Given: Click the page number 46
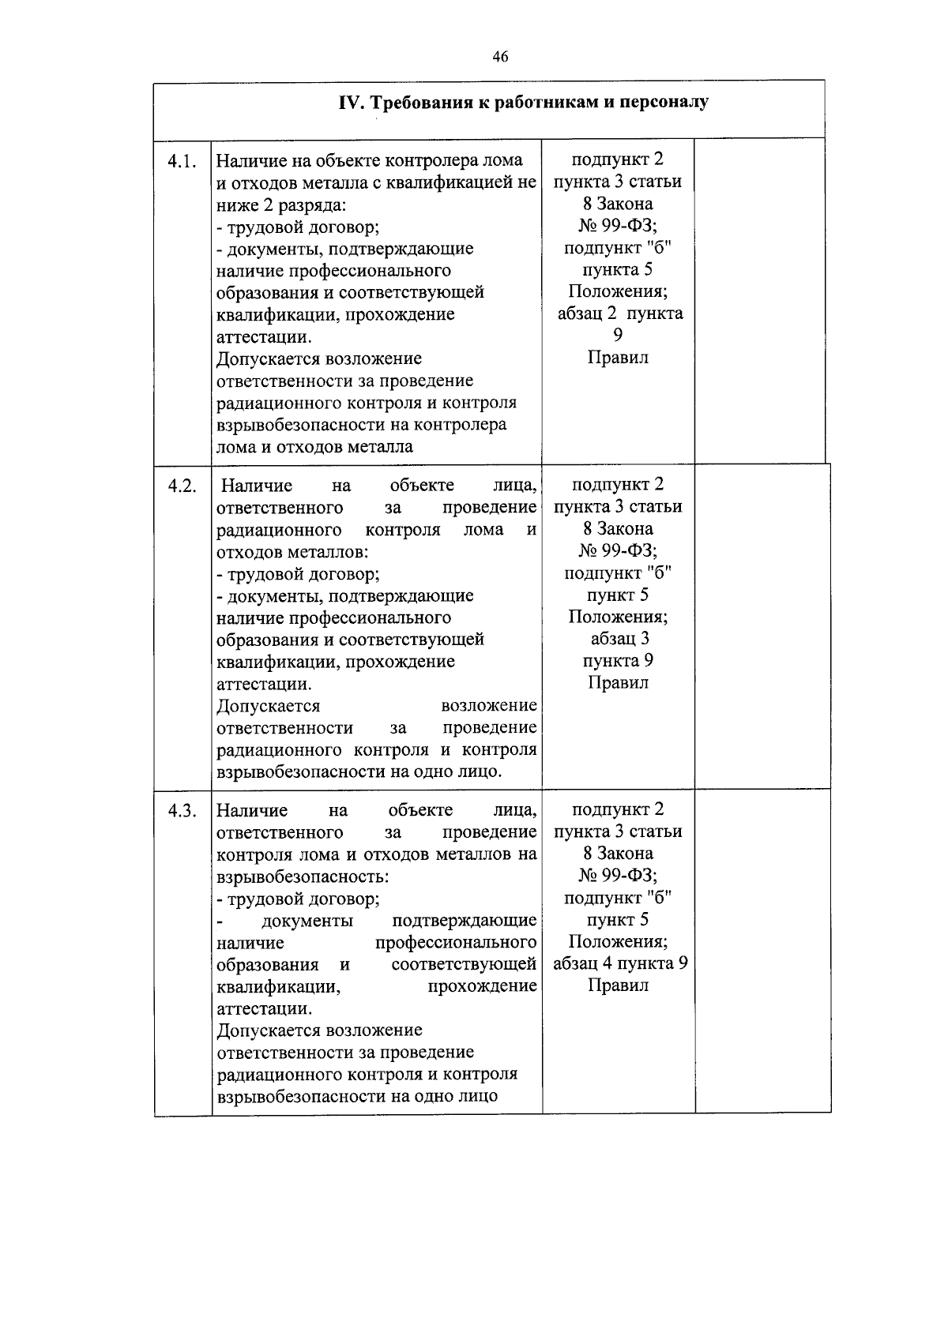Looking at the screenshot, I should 499,56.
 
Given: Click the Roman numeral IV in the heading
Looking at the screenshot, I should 350,103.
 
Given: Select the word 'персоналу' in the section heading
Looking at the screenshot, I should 664,103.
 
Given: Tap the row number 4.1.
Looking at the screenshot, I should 182,161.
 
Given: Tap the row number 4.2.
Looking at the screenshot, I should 182,486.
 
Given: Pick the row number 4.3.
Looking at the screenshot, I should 182,811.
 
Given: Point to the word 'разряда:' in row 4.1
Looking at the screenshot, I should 314,205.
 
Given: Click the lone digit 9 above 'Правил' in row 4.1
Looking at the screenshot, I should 618,336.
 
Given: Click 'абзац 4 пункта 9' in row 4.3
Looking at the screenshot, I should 619,963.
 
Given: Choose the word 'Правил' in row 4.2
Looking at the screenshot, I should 618,682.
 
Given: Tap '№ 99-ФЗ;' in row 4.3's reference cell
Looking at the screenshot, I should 618,875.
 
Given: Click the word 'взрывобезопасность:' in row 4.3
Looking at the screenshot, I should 303,876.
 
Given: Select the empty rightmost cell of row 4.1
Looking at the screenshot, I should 759,300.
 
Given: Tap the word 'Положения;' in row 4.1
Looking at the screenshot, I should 618,291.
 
